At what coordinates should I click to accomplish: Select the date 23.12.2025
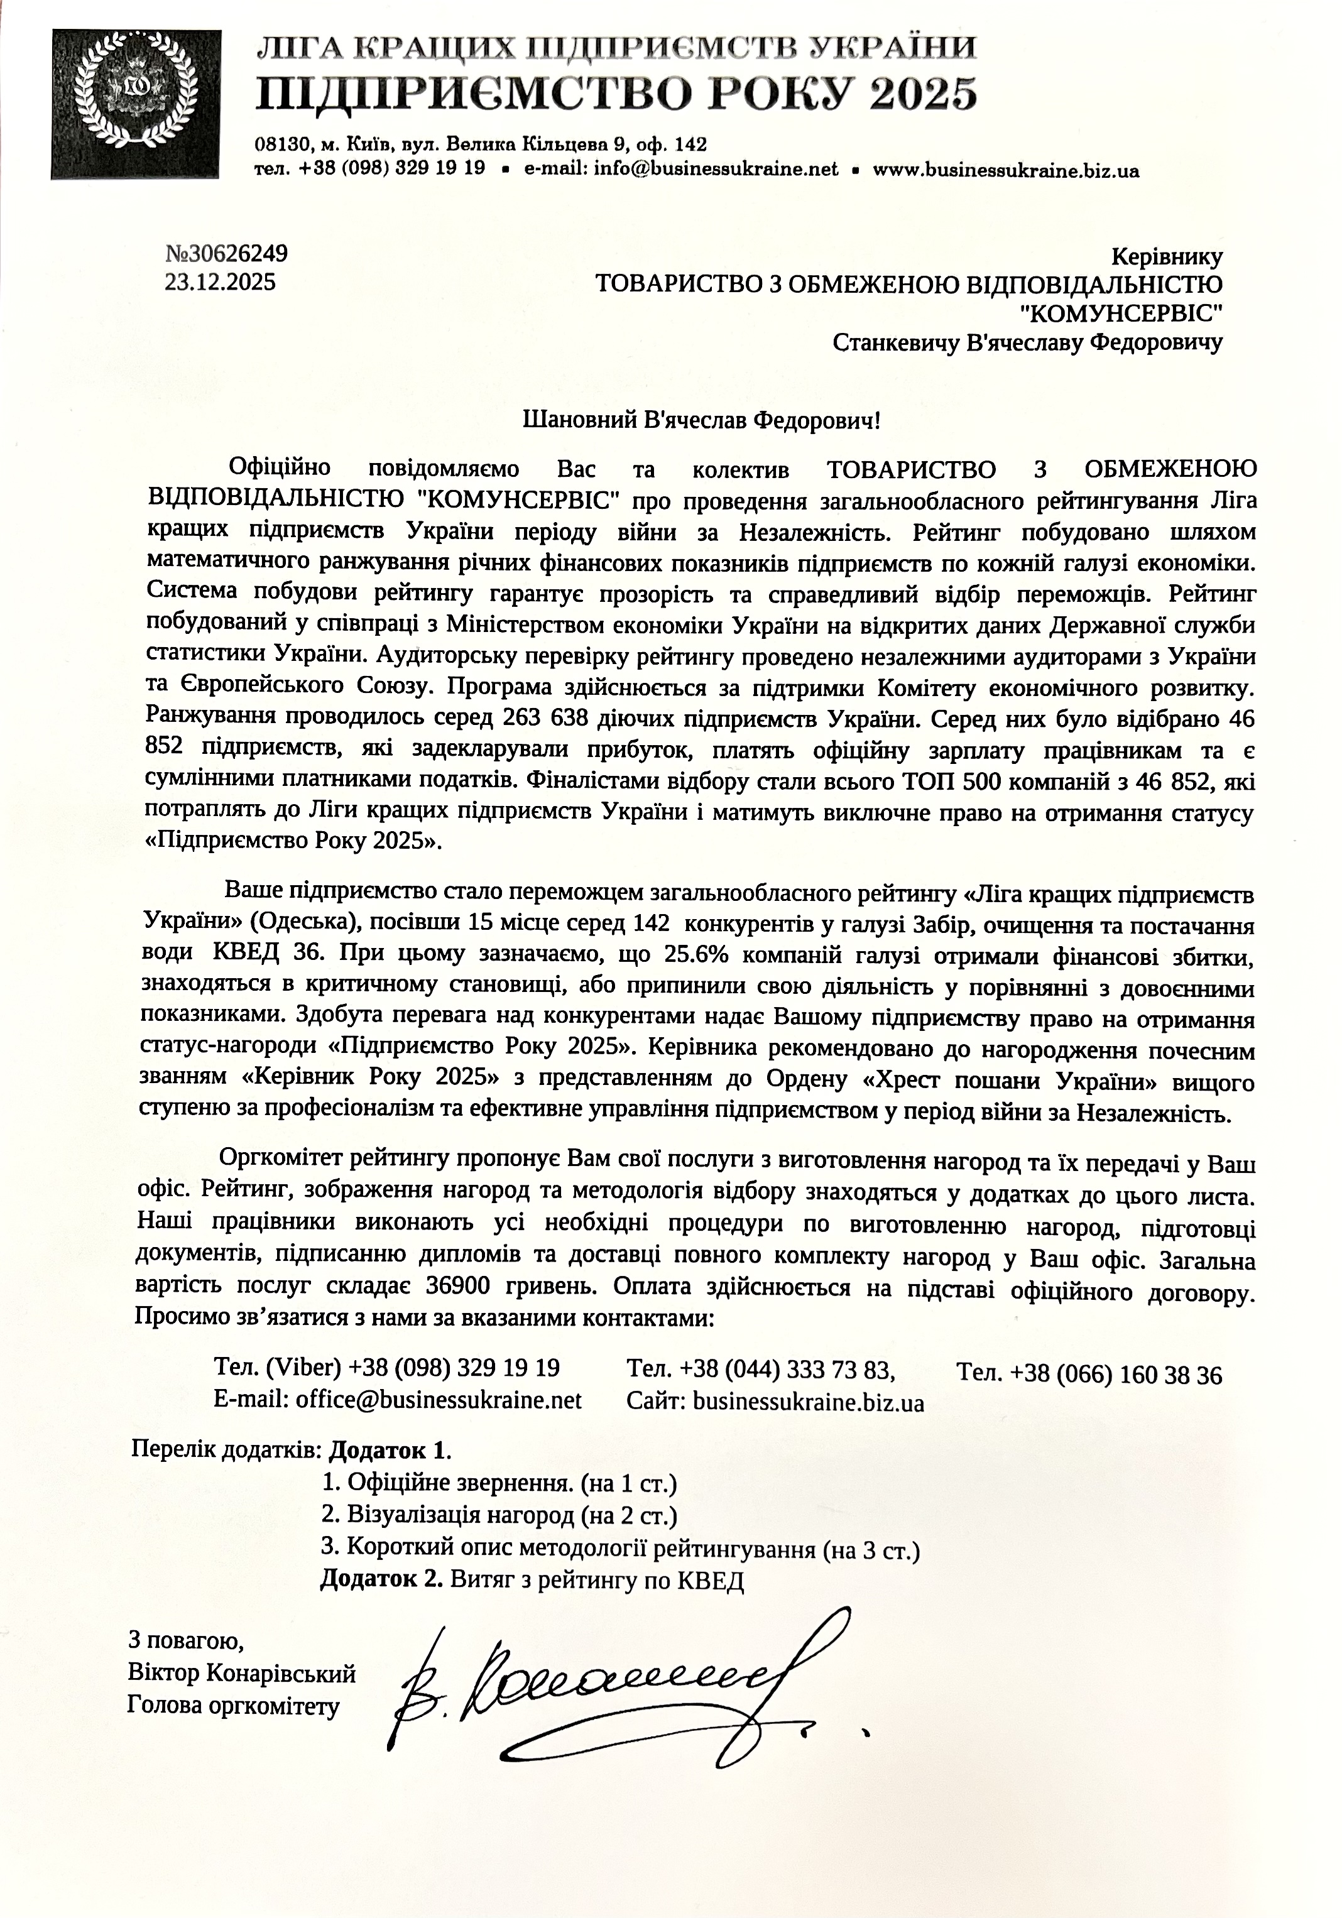220,282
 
